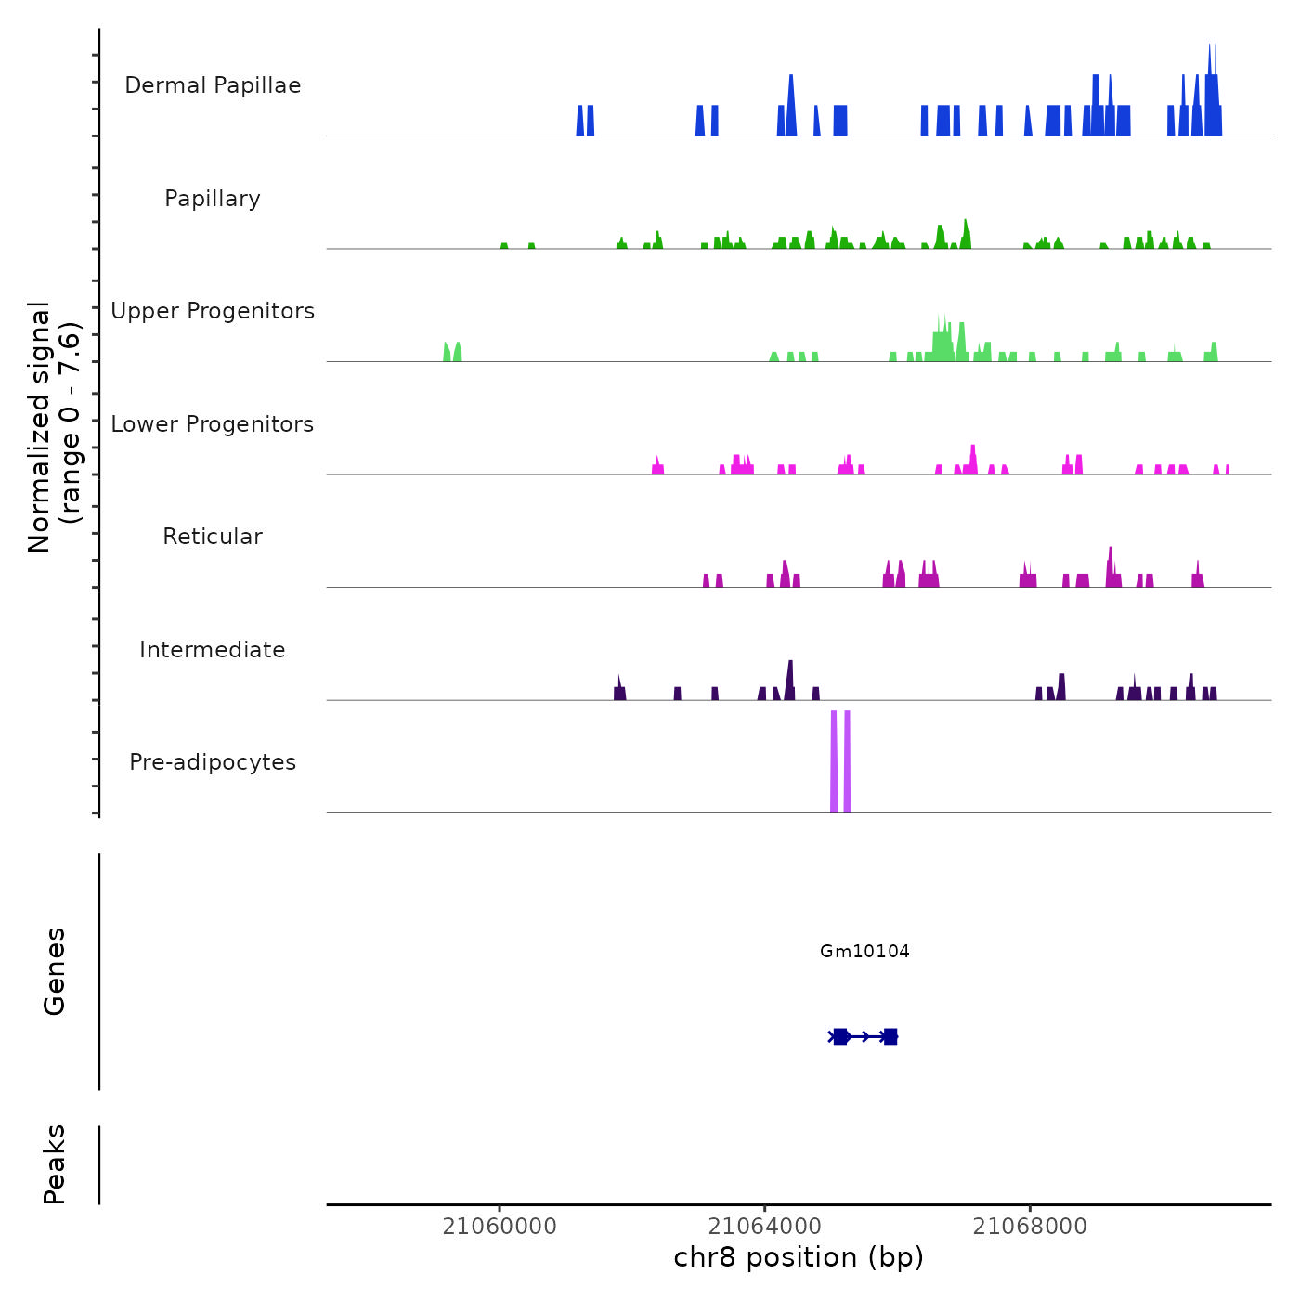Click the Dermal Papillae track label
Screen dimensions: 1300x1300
pos(213,85)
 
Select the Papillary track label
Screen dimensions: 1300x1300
pos(213,199)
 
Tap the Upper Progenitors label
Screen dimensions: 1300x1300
pos(213,311)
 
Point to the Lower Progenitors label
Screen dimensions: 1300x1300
pos(213,424)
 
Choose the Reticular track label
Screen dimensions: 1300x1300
pos(213,537)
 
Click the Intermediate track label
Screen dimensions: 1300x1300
pos(213,650)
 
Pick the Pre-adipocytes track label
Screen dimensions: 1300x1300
pos(213,762)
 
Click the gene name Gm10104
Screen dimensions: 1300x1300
pos(864,951)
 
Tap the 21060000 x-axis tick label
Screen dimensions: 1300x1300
pos(500,1227)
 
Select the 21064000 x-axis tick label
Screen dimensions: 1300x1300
pos(765,1227)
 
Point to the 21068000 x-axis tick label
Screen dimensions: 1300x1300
pos(1030,1227)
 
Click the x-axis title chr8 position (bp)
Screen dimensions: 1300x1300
pos(799,1257)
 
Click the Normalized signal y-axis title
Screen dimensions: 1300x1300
pos(54,426)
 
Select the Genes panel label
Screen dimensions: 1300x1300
pos(55,971)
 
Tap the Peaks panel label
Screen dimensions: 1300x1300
pos(55,1164)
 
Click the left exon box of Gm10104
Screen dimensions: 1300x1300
pos(840,1036)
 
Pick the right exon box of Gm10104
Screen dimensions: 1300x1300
pos(890,1036)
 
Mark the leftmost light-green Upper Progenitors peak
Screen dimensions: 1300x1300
pos(447,353)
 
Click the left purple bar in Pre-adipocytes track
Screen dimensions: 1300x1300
pos(834,761)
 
